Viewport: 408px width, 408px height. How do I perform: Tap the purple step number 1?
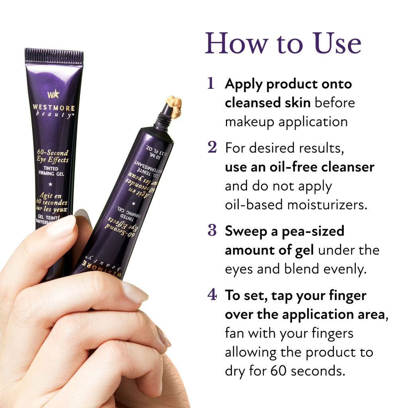pos(211,84)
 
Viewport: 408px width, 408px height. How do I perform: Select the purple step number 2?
pos(212,148)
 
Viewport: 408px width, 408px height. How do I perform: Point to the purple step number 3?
pos(212,231)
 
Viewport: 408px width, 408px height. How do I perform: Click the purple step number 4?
pos(212,295)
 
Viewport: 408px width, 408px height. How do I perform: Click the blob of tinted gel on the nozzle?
pos(174,106)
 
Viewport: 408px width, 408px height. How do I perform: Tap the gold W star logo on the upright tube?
pos(53,94)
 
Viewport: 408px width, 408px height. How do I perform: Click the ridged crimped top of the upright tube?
pos(54,57)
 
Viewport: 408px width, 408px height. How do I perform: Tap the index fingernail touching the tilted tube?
pos(134,292)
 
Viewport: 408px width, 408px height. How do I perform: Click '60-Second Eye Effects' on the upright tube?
pos(53,156)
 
